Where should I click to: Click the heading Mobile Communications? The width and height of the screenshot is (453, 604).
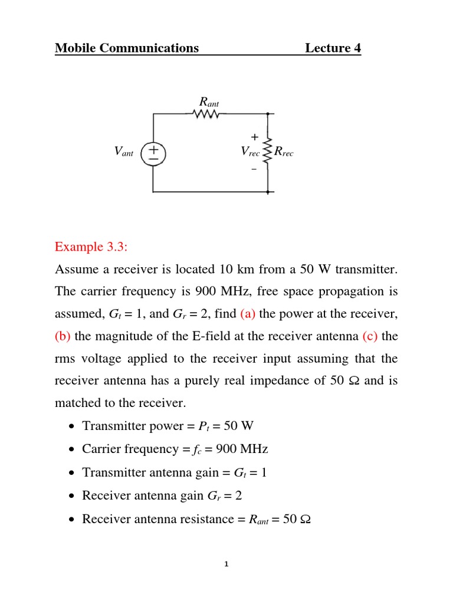pyautogui.click(x=127, y=48)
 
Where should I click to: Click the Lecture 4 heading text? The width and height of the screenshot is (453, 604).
pyautogui.click(x=333, y=48)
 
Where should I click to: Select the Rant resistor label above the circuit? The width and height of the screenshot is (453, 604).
pyautogui.click(x=209, y=101)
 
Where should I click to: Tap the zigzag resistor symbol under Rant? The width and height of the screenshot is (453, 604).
pyautogui.click(x=206, y=115)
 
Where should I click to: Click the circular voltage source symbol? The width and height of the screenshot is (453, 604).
pyautogui.click(x=153, y=154)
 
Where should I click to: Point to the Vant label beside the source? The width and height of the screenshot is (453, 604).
pyautogui.click(x=124, y=153)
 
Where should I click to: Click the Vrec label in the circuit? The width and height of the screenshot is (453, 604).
pyautogui.click(x=250, y=152)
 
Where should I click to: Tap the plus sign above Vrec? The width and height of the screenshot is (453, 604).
pyautogui.click(x=254, y=137)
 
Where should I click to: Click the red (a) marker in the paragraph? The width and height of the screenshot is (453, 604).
pyautogui.click(x=248, y=313)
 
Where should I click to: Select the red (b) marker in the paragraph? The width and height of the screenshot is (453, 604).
pyautogui.click(x=63, y=336)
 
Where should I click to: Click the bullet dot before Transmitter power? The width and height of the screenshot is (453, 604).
pyautogui.click(x=71, y=427)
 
